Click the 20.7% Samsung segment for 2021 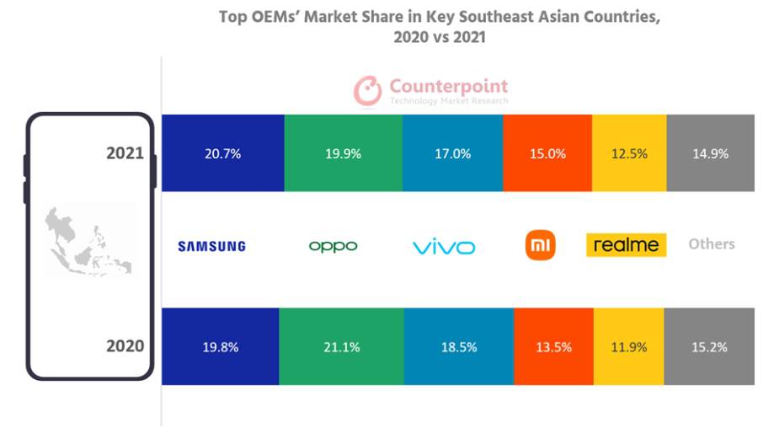(222, 153)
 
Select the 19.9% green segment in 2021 (343, 153)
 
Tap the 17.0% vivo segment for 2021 (452, 153)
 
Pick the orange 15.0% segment (547, 153)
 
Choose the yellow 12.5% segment (629, 153)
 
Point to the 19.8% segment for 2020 (219, 346)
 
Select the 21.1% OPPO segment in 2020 (341, 346)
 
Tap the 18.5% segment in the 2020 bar (459, 346)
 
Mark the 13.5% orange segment (553, 346)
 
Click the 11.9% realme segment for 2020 (629, 346)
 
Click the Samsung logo (211, 246)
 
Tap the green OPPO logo (333, 246)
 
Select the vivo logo (444, 247)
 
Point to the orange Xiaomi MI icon (541, 245)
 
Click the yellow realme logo (626, 245)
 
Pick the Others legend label (712, 243)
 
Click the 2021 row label (125, 153)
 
